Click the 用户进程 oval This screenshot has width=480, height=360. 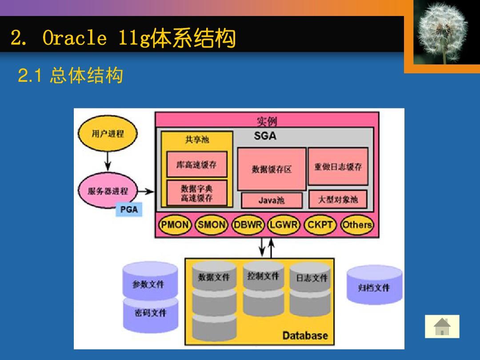point(108,134)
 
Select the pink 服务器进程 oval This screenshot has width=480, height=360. point(108,191)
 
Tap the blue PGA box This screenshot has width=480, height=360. point(129,209)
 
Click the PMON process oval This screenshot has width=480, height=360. point(175,225)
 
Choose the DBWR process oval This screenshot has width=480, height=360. point(248,225)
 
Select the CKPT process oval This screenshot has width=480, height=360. point(320,225)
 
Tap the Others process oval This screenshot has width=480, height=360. point(357,225)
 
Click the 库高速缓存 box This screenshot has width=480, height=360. point(196,164)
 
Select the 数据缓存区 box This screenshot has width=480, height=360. point(272,169)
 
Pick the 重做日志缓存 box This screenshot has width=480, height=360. point(338,167)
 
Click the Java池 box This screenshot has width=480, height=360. point(272,200)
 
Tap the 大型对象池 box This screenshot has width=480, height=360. point(338,200)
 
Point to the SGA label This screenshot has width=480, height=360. point(265,136)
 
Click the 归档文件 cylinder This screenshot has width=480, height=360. point(374,287)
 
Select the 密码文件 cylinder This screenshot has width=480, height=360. point(150,314)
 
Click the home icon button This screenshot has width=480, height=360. point(442,327)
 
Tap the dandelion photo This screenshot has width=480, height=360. point(443,32)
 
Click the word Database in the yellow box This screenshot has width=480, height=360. point(305,336)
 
